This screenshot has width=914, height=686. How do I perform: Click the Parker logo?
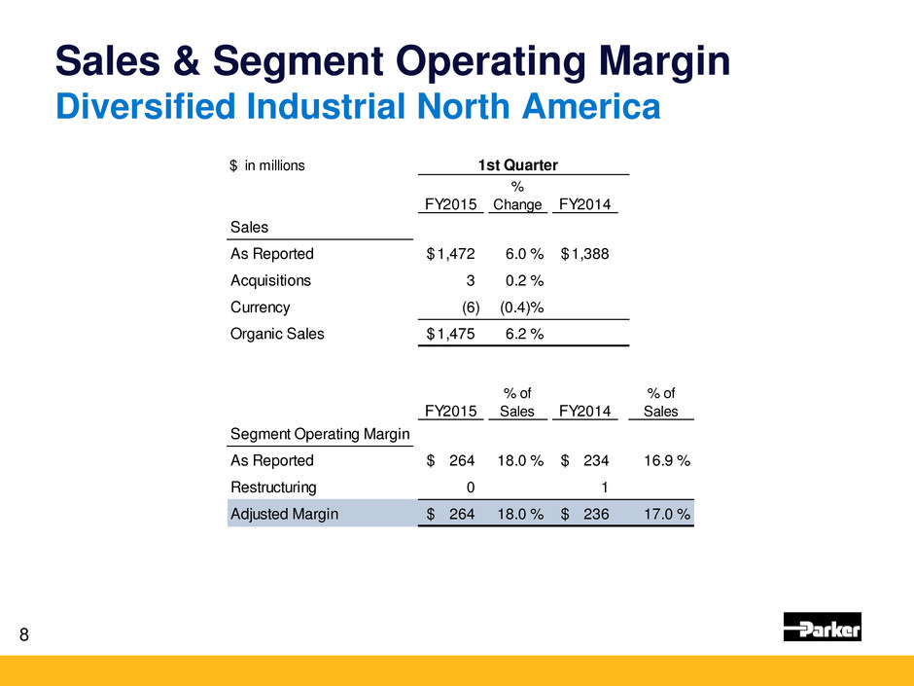click(x=822, y=628)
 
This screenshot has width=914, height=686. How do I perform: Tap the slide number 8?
click(x=24, y=635)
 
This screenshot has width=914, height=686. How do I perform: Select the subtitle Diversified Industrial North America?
click(x=356, y=106)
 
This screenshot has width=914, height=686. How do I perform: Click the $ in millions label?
click(x=267, y=165)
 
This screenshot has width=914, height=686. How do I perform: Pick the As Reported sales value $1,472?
click(x=451, y=254)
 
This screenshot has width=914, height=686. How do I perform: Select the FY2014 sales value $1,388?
click(x=585, y=254)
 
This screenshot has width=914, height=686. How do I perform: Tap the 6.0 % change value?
click(x=519, y=254)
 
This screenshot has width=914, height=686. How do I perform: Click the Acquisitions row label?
click(x=270, y=280)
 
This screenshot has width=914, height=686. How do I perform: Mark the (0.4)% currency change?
click(x=520, y=307)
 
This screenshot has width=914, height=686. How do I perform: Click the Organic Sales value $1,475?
click(x=451, y=334)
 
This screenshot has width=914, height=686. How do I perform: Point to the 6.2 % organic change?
click(x=519, y=334)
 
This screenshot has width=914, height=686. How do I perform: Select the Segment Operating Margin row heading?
click(x=320, y=433)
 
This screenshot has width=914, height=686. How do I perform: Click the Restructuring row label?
click(x=272, y=487)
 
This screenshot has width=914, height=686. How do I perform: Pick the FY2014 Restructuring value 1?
click(x=604, y=487)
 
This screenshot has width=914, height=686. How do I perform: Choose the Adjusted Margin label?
click(x=284, y=514)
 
